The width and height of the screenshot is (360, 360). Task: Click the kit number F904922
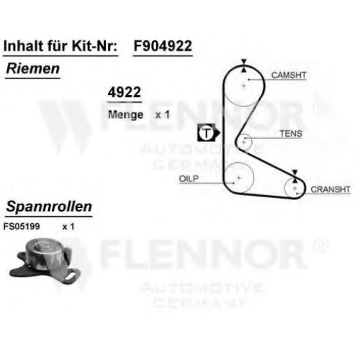click(163, 46)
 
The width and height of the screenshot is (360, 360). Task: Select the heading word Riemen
click(33, 68)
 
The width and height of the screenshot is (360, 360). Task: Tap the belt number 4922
click(125, 92)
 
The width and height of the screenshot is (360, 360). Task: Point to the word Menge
click(126, 115)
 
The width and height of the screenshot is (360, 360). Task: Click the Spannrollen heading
click(49, 207)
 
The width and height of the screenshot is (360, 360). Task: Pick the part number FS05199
click(22, 226)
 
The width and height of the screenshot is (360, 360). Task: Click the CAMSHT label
click(289, 75)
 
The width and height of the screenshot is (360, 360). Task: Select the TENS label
click(291, 133)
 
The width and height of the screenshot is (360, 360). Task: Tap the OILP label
click(189, 179)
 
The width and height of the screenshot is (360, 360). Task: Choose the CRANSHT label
click(330, 189)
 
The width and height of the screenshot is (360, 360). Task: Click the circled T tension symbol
click(207, 132)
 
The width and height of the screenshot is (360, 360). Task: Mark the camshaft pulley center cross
click(244, 86)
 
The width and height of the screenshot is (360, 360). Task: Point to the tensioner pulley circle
click(252, 142)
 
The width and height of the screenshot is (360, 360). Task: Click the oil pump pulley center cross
click(239, 178)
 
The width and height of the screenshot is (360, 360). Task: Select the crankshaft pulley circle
click(284, 189)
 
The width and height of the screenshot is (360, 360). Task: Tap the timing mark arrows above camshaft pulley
click(244, 66)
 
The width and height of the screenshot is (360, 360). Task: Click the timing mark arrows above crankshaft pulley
click(295, 176)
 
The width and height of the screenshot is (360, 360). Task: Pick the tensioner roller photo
click(45, 261)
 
